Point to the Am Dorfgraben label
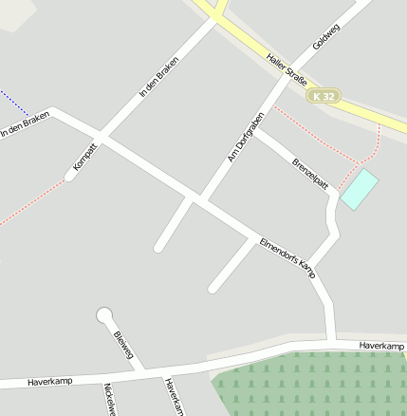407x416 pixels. click(x=245, y=138)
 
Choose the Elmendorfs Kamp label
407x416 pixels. click(x=287, y=256)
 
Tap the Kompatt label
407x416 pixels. click(x=85, y=156)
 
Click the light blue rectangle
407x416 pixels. click(x=359, y=189)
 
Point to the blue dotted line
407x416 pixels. click(x=14, y=102)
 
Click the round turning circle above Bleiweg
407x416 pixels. click(x=104, y=315)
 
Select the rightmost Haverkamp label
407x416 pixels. click(x=381, y=346)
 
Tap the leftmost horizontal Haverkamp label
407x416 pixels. click(x=50, y=382)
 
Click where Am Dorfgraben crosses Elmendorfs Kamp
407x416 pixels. click(x=198, y=199)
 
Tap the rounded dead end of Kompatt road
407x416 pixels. click(x=71, y=175)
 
